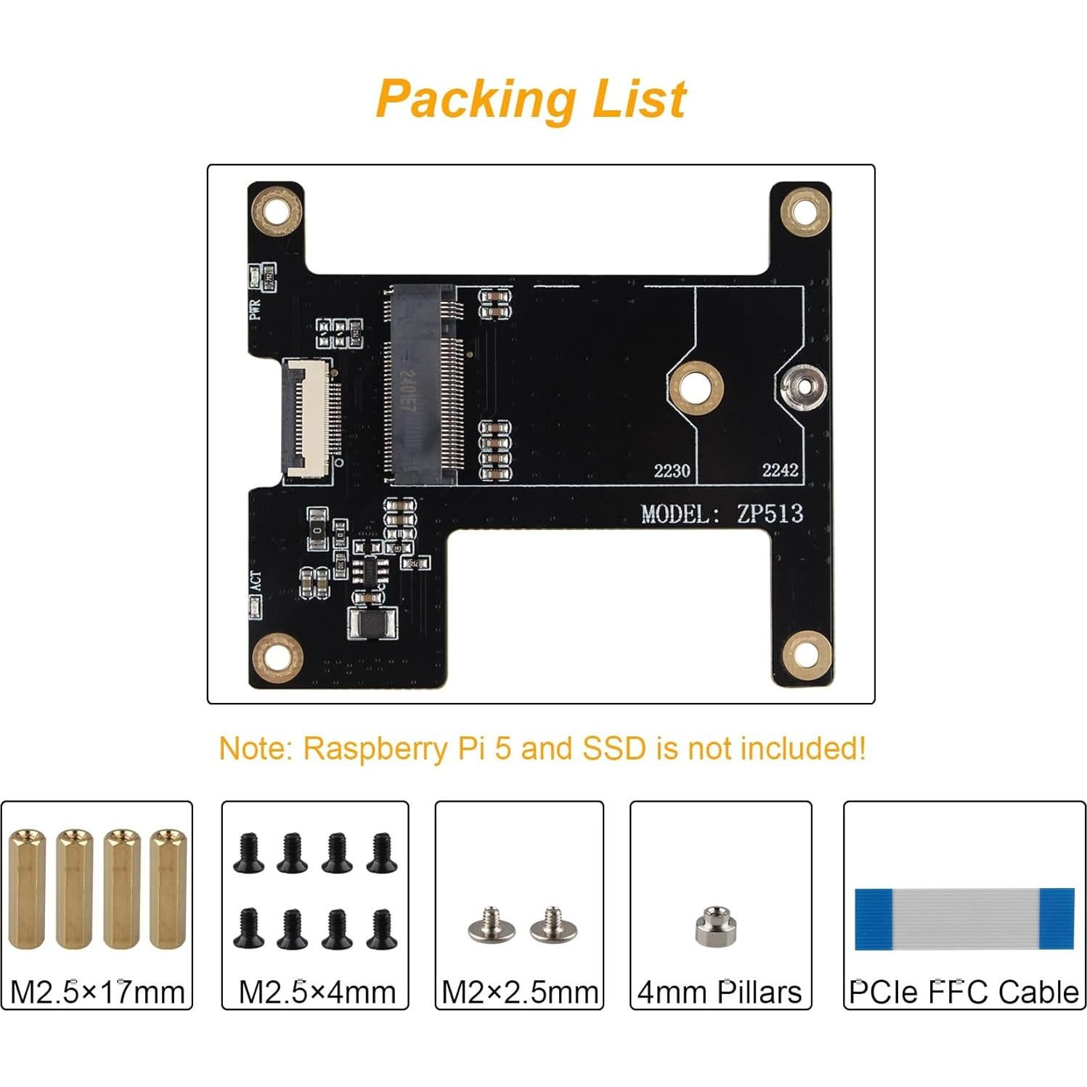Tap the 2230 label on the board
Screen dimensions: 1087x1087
click(x=672, y=471)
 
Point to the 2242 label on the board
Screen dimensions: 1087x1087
click(x=780, y=470)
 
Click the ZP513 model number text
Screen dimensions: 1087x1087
click(x=770, y=513)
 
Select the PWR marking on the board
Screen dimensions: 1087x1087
click(x=254, y=310)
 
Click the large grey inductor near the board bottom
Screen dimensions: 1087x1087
click(x=372, y=624)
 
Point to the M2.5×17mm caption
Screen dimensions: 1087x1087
click(x=97, y=991)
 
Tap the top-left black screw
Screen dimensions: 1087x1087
click(x=248, y=852)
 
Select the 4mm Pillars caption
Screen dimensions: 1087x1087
click(x=720, y=991)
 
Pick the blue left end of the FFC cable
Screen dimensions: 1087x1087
click(x=873, y=919)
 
